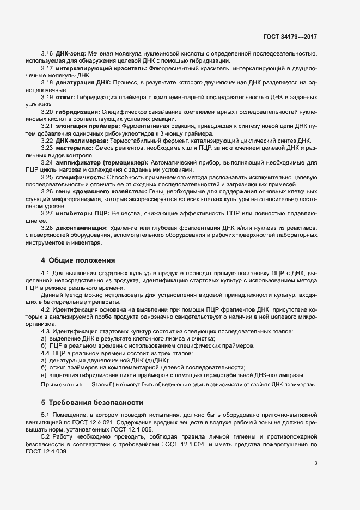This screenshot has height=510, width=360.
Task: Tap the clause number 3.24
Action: pos(47,162)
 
